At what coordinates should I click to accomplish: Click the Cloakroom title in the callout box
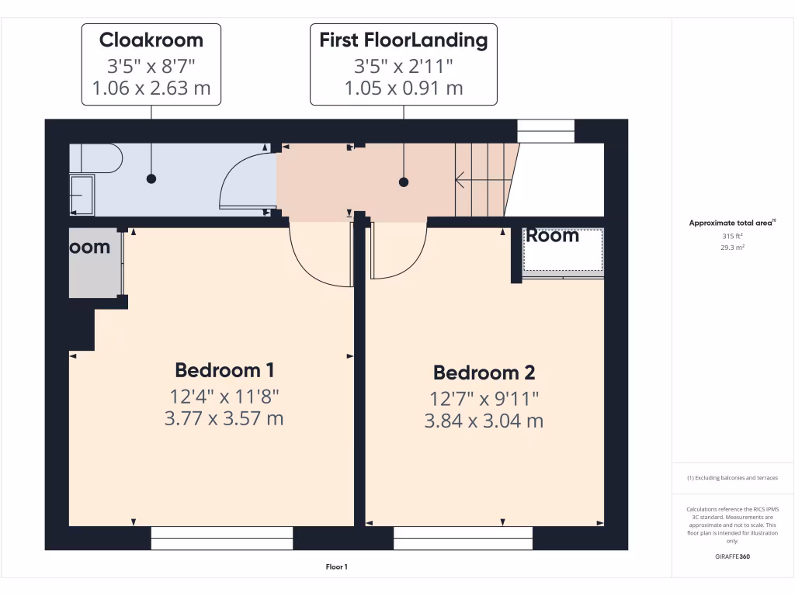(x=151, y=40)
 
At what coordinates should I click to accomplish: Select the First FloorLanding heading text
(x=403, y=40)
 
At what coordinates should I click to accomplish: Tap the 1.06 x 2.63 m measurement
(x=151, y=88)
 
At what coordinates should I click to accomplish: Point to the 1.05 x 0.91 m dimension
(x=403, y=88)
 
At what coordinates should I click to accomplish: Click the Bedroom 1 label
(x=224, y=369)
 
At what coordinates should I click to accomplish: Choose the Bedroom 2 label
(x=484, y=372)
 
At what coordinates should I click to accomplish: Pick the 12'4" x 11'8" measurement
(x=224, y=397)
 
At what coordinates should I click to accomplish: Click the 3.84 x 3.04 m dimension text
(x=484, y=421)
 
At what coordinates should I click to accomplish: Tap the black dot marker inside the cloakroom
(x=151, y=178)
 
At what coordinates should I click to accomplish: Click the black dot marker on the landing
(x=403, y=182)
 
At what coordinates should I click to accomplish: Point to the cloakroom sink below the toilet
(x=82, y=194)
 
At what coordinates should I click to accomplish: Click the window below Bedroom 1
(x=221, y=538)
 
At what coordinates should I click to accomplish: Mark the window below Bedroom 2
(x=463, y=538)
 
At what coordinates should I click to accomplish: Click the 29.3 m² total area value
(x=732, y=247)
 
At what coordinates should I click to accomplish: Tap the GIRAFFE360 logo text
(x=732, y=556)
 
